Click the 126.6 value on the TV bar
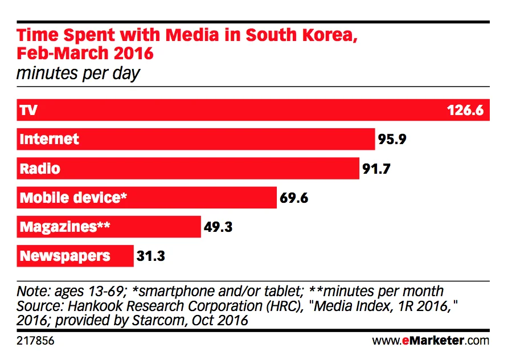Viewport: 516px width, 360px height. (x=465, y=110)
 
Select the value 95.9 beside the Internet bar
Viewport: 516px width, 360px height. (x=392, y=139)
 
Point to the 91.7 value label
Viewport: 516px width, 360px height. (x=378, y=169)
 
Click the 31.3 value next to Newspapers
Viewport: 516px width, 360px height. (x=151, y=256)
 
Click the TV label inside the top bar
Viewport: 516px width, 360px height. (x=28, y=110)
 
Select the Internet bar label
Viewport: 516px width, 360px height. (x=49, y=139)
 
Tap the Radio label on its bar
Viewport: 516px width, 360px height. (x=40, y=169)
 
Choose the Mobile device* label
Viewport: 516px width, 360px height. (x=73, y=198)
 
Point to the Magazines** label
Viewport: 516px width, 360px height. (x=64, y=227)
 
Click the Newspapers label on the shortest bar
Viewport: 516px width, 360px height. (x=65, y=256)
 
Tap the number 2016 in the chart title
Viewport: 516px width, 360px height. (x=133, y=54)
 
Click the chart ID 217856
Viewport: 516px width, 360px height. (x=33, y=341)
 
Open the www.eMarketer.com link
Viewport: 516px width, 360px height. (x=431, y=341)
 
